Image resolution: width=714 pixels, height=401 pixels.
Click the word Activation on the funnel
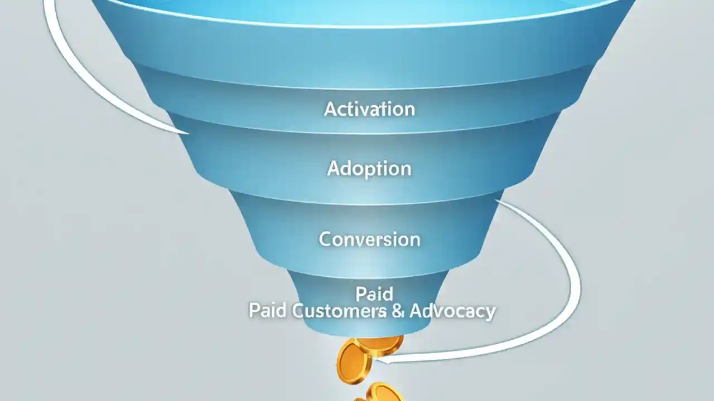[369, 109]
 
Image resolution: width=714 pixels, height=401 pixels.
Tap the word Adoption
[369, 168]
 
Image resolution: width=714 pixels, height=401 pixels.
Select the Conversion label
[369, 239]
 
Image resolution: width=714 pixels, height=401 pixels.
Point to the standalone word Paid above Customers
[374, 294]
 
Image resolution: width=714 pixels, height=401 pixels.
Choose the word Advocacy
[452, 311]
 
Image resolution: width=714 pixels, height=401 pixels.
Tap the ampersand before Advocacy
[398, 311]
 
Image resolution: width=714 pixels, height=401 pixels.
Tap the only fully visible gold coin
[354, 362]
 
